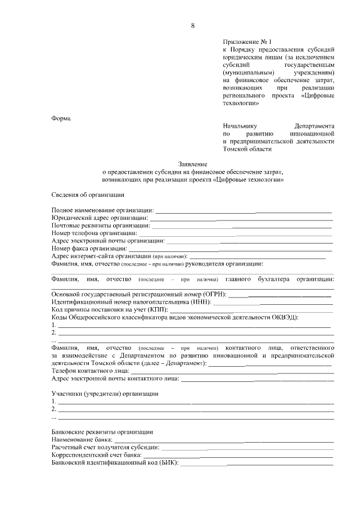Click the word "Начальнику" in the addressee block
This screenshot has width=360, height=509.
[240, 127]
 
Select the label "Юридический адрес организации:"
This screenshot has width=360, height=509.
[100, 218]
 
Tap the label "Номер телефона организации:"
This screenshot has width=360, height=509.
[94, 233]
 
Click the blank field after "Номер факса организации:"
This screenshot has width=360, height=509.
[231, 248]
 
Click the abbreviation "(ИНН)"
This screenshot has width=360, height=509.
[199, 302]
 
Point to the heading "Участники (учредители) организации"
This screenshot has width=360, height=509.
[105, 394]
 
